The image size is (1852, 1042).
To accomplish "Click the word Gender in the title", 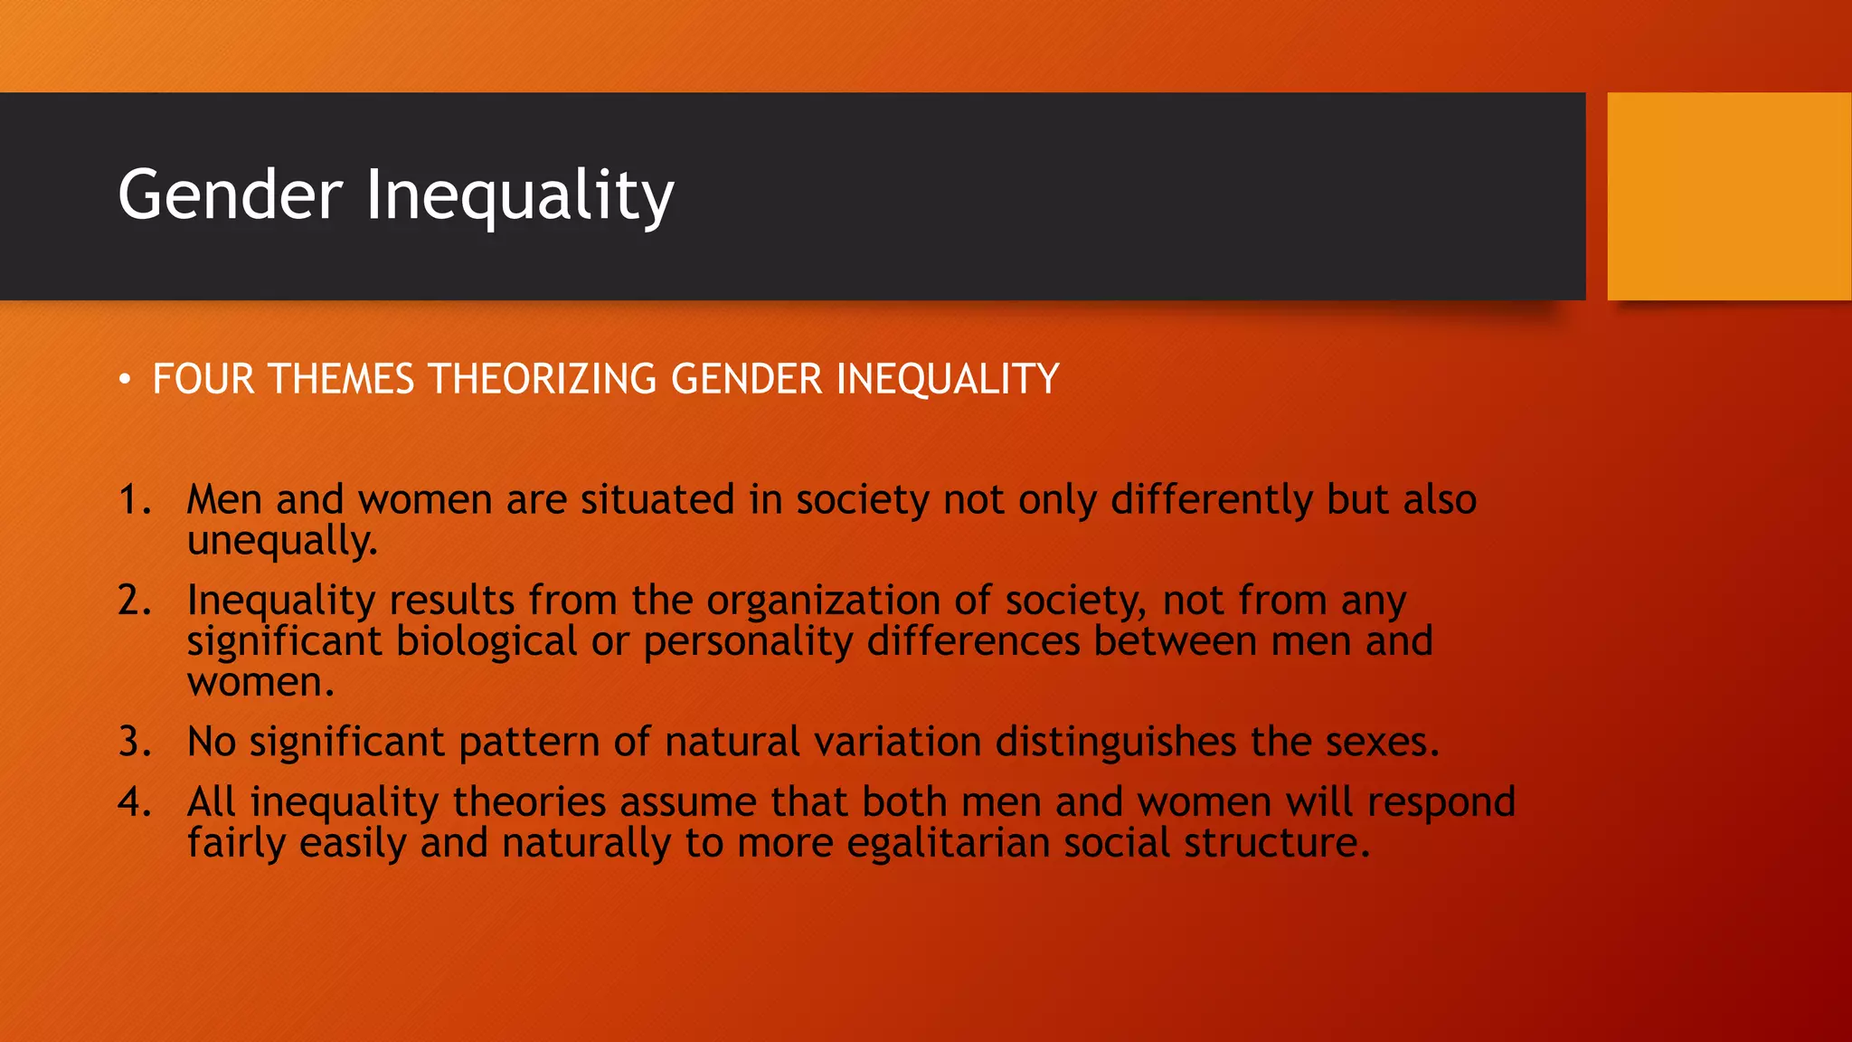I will (x=231, y=194).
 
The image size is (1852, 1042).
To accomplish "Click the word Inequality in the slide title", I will (x=519, y=194).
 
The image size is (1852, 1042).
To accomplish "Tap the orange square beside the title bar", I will (x=1728, y=196).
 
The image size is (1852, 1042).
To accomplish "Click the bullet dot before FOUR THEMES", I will (x=125, y=379).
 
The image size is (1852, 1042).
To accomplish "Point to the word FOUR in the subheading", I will (x=203, y=379).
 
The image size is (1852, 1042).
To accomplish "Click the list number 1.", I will (x=133, y=500).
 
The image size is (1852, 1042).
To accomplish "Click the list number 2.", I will (x=133, y=601).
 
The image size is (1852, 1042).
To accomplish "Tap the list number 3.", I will (x=133, y=742).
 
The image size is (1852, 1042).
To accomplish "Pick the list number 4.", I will (x=133, y=802).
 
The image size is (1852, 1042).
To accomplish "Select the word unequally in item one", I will (x=280, y=541).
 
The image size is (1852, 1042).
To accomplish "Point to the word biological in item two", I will (x=487, y=641).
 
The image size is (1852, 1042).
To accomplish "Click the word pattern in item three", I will (x=529, y=742).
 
